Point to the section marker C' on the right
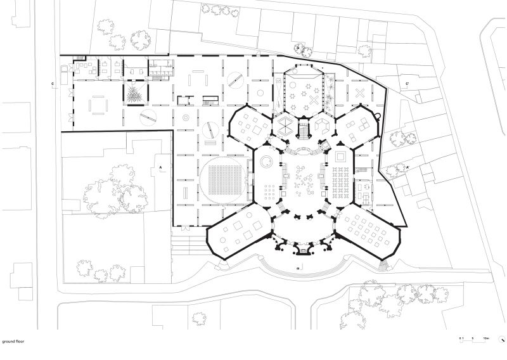[407, 84]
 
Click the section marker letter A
[161, 166]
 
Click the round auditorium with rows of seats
[222, 183]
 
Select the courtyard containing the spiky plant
[134, 96]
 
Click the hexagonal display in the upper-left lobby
[285, 123]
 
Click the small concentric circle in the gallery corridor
[186, 118]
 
